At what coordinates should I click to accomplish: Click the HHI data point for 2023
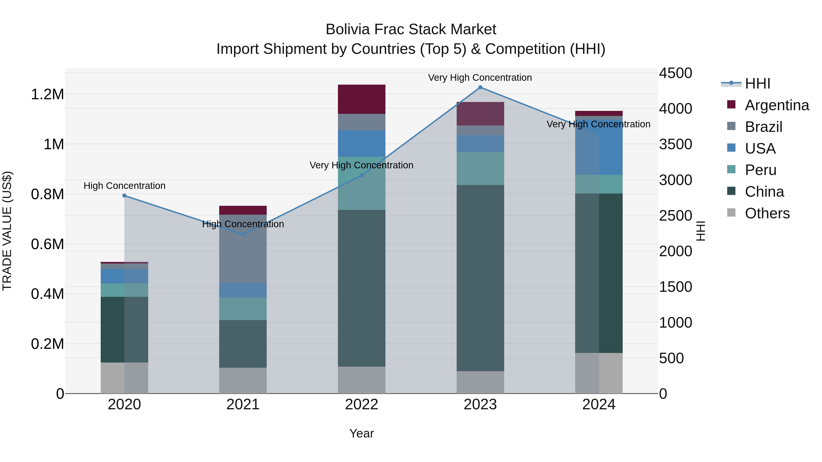tap(480, 87)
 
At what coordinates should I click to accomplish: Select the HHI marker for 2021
tap(243, 234)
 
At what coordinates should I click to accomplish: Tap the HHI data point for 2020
tap(124, 196)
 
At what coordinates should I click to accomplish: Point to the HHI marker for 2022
tap(361, 176)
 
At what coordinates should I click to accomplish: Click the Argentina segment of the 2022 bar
tap(361, 99)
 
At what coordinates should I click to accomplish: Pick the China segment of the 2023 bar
tap(480, 277)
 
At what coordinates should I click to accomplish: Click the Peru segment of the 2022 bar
tap(361, 191)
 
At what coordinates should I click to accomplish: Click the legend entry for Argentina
tap(777, 105)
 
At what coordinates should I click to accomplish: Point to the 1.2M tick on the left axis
tap(47, 94)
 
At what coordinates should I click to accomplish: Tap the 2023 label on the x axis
tap(480, 405)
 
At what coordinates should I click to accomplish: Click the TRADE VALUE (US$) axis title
tap(7, 231)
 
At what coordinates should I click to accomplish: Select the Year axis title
tap(361, 433)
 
